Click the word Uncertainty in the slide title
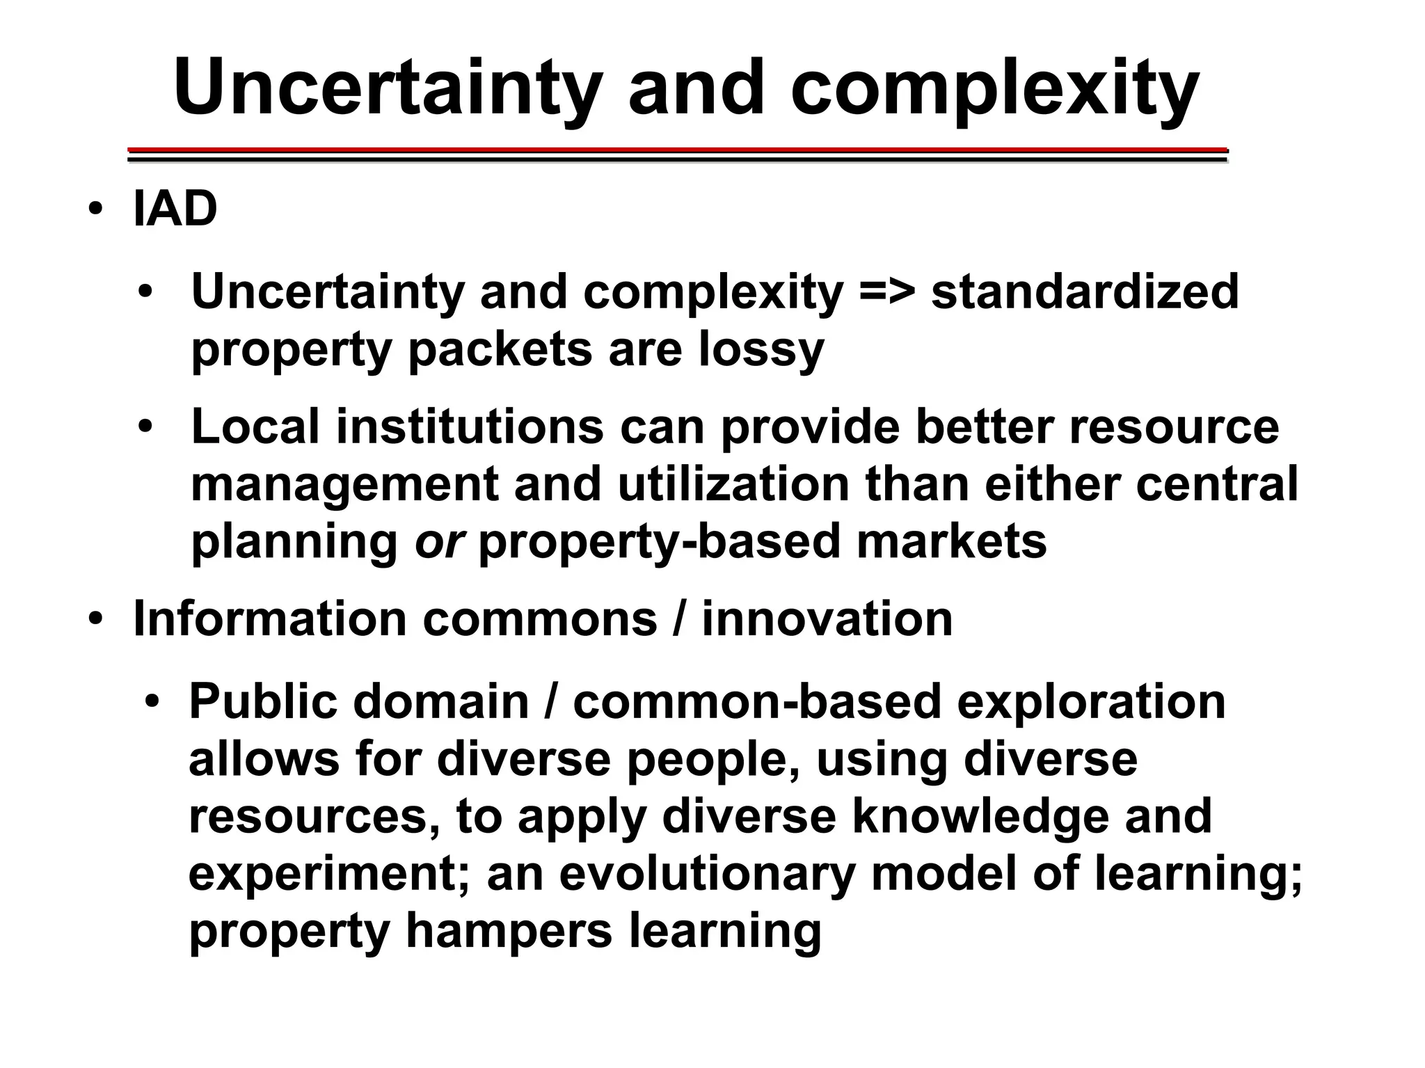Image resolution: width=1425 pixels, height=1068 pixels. (387, 88)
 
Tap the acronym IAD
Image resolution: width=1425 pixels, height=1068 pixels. (175, 209)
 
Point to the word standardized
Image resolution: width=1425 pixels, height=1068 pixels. (1085, 292)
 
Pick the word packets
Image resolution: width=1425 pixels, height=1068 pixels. (500, 350)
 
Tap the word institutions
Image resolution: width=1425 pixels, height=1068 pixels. (470, 427)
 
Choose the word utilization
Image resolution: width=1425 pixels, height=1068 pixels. (733, 484)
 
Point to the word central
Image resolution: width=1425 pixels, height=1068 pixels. (1217, 484)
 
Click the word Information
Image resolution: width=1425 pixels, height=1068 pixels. (270, 619)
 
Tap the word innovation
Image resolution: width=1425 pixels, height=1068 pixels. (827, 619)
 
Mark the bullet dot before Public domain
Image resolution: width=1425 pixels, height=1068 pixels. (152, 701)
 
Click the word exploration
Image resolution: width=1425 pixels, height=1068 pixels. (1091, 701)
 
